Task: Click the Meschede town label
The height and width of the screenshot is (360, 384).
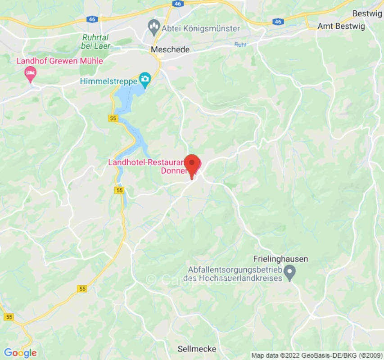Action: point(171,49)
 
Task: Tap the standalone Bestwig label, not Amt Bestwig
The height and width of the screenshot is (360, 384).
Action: point(367,13)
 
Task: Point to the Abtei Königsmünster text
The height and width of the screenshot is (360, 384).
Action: point(201,28)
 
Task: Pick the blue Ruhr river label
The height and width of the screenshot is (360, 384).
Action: point(241,45)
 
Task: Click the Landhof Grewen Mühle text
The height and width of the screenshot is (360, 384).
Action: point(60,61)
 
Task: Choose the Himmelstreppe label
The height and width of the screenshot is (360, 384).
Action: point(108,81)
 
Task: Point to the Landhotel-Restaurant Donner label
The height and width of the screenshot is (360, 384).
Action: point(149,166)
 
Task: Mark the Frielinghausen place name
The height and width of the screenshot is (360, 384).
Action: point(280,259)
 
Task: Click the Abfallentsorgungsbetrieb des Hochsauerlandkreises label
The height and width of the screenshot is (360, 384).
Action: point(235,273)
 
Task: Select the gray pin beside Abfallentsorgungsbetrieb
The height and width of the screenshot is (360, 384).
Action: point(291,272)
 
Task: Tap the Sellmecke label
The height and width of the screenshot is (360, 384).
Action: point(197,349)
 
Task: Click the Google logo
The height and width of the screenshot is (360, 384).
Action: point(20,353)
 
